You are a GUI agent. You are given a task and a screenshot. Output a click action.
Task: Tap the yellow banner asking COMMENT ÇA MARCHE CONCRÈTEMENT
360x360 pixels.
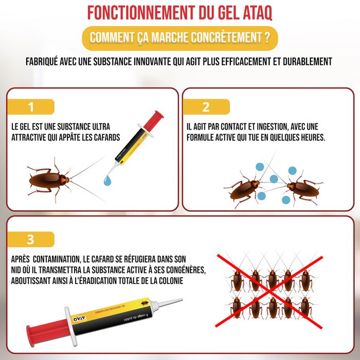[180, 38]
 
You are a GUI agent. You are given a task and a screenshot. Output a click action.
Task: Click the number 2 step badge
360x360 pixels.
[206, 106]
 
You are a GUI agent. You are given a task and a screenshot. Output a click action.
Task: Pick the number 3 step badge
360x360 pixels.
[31, 239]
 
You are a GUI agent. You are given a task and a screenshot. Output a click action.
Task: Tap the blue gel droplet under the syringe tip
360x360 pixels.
[107, 180]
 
